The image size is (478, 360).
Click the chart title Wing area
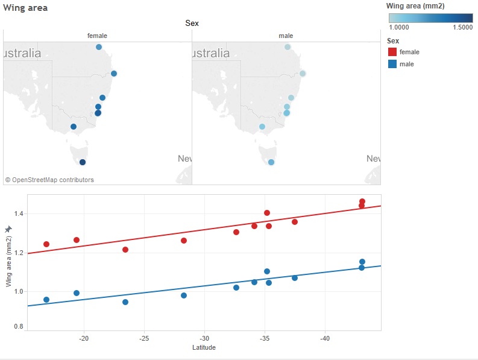(x=25, y=8)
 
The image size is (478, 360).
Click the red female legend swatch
(x=392, y=52)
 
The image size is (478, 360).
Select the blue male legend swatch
(x=392, y=64)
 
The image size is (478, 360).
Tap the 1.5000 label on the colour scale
(x=462, y=27)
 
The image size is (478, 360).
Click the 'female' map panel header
(x=97, y=36)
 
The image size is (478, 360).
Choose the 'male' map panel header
(x=286, y=36)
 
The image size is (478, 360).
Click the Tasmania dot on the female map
(x=83, y=162)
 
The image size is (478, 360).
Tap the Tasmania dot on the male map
(x=271, y=162)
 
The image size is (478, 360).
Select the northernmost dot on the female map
(x=99, y=47)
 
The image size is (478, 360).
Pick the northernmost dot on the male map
(x=288, y=47)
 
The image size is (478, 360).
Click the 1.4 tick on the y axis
(x=18, y=214)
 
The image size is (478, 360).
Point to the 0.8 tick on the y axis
(x=18, y=327)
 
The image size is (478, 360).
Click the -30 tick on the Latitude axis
(x=204, y=338)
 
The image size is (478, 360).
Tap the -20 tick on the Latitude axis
(x=84, y=338)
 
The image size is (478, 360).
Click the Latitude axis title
(x=203, y=348)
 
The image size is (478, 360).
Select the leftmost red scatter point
(x=46, y=244)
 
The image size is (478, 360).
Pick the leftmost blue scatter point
(x=46, y=300)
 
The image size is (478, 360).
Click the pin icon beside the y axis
(x=8, y=230)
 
